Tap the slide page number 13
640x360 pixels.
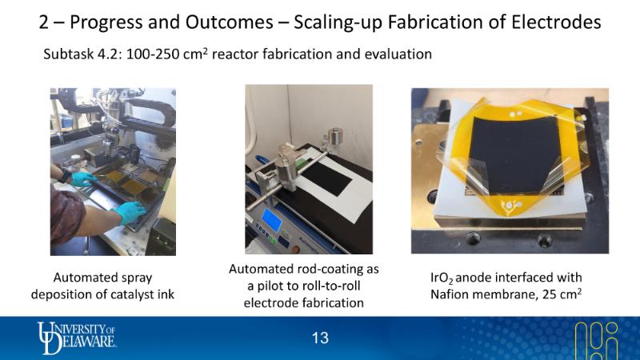click(x=320, y=338)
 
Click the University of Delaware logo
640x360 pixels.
click(x=76, y=338)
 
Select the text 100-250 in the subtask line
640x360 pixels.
click(x=152, y=54)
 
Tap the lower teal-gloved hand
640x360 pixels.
click(x=130, y=213)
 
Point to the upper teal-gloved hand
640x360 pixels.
click(x=83, y=178)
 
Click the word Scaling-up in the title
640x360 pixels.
click(x=338, y=22)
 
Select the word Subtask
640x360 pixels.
click(x=69, y=54)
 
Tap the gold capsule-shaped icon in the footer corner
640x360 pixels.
click(x=597, y=341)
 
